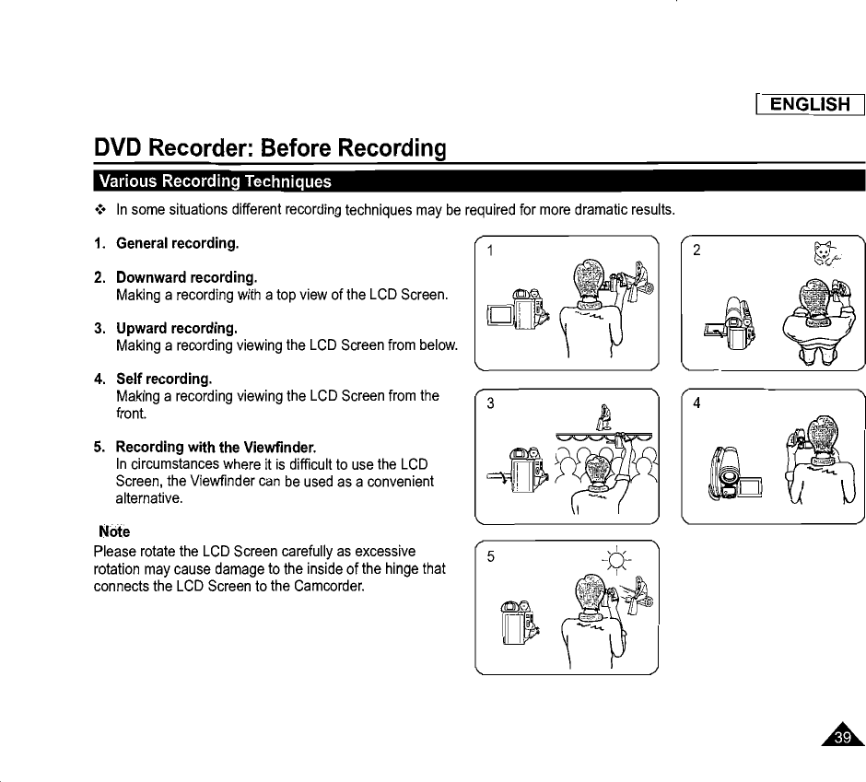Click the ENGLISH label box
pyautogui.click(x=809, y=104)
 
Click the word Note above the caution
pyautogui.click(x=114, y=531)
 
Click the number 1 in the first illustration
pyautogui.click(x=491, y=251)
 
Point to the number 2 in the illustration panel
pyautogui.click(x=696, y=251)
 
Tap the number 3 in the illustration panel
pyautogui.click(x=491, y=403)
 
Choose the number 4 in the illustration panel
pyautogui.click(x=697, y=403)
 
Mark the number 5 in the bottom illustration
pyautogui.click(x=491, y=556)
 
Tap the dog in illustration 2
pyautogui.click(x=822, y=253)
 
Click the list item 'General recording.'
pyautogui.click(x=177, y=243)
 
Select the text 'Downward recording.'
pyautogui.click(x=186, y=277)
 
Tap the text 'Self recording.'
pyautogui.click(x=164, y=379)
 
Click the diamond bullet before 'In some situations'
pyautogui.click(x=100, y=210)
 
